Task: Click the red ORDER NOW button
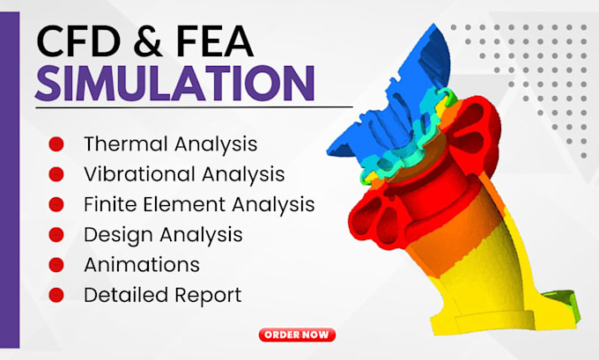(x=298, y=334)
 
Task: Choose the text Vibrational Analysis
(x=184, y=174)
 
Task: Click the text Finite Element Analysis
(x=199, y=204)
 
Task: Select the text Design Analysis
(x=163, y=235)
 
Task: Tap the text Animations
(x=141, y=265)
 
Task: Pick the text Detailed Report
(x=162, y=295)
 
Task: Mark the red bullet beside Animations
(x=56, y=265)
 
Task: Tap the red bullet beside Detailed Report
(x=56, y=295)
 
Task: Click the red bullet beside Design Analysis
(x=56, y=235)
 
